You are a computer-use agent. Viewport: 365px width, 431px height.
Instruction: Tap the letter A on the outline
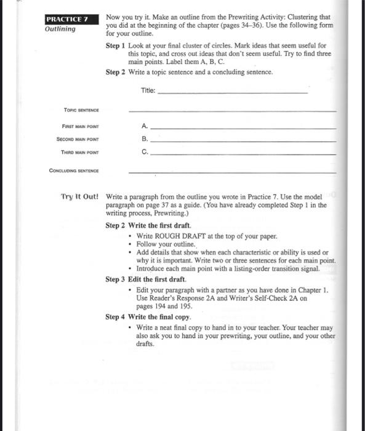[x=144, y=125]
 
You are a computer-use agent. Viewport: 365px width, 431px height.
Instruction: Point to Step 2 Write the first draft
[x=148, y=225]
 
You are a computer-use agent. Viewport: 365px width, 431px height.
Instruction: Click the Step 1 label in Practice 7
[x=116, y=46]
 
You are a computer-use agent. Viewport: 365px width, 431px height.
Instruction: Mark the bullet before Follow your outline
[x=131, y=244]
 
